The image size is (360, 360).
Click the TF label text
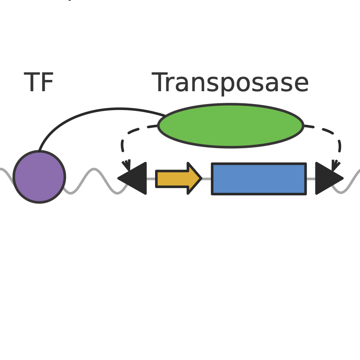[x=39, y=83]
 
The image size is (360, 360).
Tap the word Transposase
[x=230, y=83]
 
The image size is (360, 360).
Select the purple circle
[x=39, y=177]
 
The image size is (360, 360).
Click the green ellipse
[x=231, y=126]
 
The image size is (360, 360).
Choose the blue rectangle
[x=259, y=179]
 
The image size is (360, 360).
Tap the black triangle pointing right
[x=326, y=178]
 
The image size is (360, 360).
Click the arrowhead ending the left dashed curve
[x=127, y=165]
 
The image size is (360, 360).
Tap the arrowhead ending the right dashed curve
[x=335, y=165]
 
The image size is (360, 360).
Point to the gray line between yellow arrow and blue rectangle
[x=207, y=179]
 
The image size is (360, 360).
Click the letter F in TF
[x=48, y=83]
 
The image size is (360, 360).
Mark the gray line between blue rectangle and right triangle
[x=311, y=179]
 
